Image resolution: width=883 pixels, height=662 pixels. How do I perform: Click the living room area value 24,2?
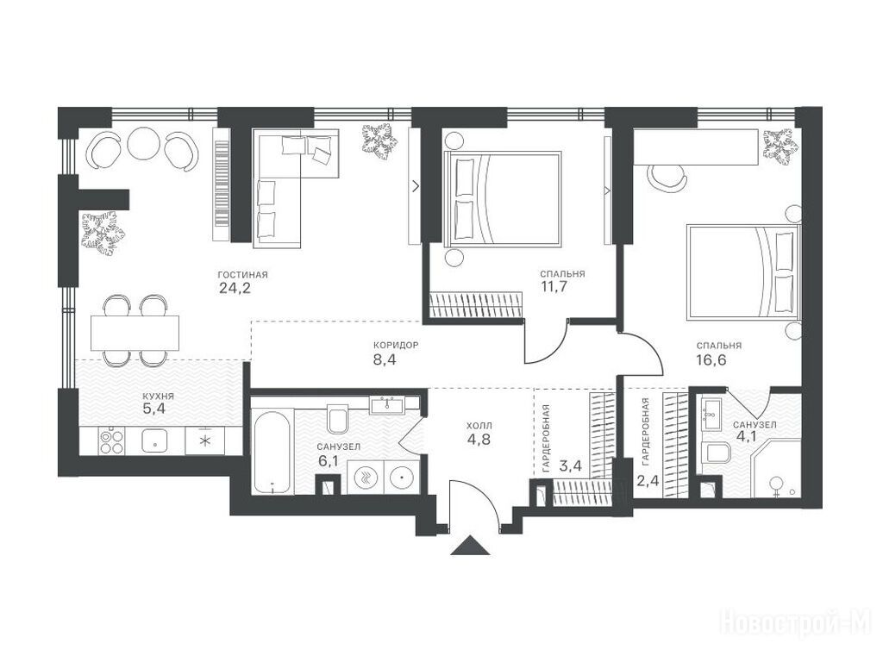tap(233, 289)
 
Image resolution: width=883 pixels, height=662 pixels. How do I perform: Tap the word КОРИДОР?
tap(396, 345)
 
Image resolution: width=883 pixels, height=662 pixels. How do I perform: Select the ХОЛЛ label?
tap(479, 426)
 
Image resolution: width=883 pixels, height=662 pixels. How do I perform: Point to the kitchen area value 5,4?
tap(153, 409)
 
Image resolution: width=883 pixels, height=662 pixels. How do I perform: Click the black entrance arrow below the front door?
tap(471, 546)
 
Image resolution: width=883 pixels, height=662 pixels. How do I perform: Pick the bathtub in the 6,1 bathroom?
tap(272, 452)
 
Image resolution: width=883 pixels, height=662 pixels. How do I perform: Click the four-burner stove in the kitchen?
tap(111, 440)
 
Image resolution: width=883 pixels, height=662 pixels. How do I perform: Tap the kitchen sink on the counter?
tap(155, 440)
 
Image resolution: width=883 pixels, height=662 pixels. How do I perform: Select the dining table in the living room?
tap(135, 333)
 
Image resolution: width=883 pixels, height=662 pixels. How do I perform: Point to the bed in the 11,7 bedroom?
tap(503, 199)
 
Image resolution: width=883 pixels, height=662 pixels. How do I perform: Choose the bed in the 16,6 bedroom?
tap(743, 272)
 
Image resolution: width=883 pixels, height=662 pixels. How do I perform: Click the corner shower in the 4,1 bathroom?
tap(775, 469)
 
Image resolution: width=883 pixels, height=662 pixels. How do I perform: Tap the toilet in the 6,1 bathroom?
tap(338, 419)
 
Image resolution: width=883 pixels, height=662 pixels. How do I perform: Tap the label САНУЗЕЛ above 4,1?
tap(755, 424)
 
